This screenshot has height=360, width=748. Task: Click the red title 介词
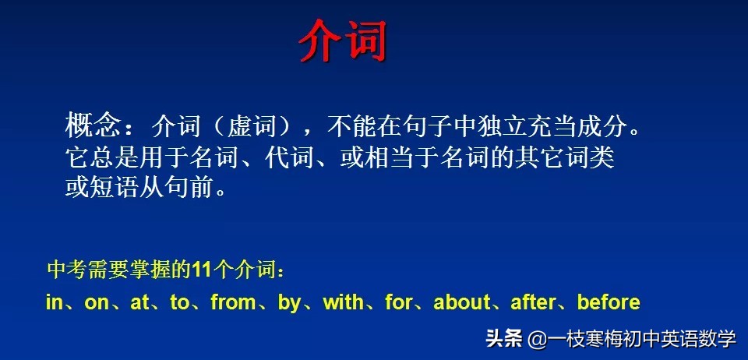tap(343, 40)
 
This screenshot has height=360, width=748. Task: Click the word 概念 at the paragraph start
tap(93, 125)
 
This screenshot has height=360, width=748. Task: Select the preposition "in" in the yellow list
tap(54, 302)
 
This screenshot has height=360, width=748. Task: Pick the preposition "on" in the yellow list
tap(97, 302)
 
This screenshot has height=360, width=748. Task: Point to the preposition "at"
tap(139, 302)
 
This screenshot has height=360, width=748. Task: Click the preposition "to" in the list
tap(179, 302)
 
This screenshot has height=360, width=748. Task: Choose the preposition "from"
tap(233, 302)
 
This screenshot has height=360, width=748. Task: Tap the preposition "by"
tap(289, 303)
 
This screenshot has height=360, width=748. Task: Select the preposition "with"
tap(343, 302)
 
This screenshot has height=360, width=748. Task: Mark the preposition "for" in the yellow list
tap(398, 302)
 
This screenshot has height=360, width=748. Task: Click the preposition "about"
tap(462, 302)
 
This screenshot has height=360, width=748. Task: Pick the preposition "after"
tap(533, 302)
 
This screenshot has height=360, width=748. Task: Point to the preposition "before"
tap(608, 302)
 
